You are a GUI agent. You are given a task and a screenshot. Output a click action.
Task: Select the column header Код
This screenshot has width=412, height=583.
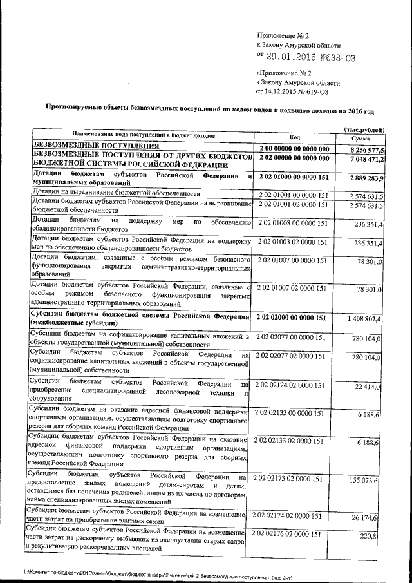coord(294,137)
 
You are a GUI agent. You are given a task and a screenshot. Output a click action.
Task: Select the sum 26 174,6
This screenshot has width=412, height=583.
coord(370,517)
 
